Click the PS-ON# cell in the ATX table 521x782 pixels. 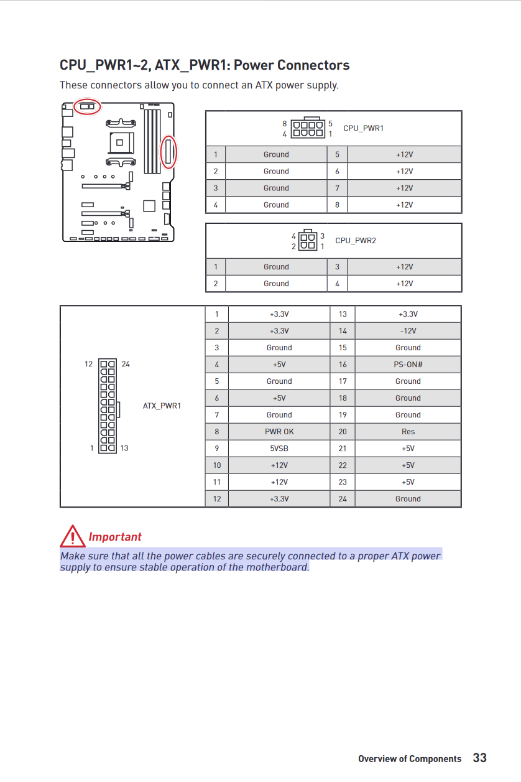pyautogui.click(x=408, y=365)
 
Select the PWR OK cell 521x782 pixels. pyautogui.click(x=279, y=432)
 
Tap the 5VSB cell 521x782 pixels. pyautogui.click(x=279, y=449)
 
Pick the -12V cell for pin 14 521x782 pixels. pyautogui.click(x=408, y=331)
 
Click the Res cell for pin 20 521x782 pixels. pyautogui.click(x=408, y=432)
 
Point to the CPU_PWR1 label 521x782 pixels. pyautogui.click(x=363, y=128)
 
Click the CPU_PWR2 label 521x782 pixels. pyautogui.click(x=356, y=241)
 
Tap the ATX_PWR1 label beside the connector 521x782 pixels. pyautogui.click(x=162, y=406)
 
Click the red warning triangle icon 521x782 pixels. pyautogui.click(x=73, y=536)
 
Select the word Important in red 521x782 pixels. pyautogui.click(x=115, y=537)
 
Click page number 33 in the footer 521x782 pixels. pyautogui.click(x=480, y=758)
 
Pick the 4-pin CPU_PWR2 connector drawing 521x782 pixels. pyautogui.click(x=308, y=241)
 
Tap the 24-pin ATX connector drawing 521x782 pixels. pyautogui.click(x=108, y=406)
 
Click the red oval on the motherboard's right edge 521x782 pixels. pyautogui.click(x=168, y=151)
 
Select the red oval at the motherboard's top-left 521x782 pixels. pyautogui.click(x=87, y=106)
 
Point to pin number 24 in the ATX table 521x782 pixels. pyautogui.click(x=343, y=499)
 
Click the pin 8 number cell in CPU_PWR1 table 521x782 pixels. pyautogui.click(x=337, y=205)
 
